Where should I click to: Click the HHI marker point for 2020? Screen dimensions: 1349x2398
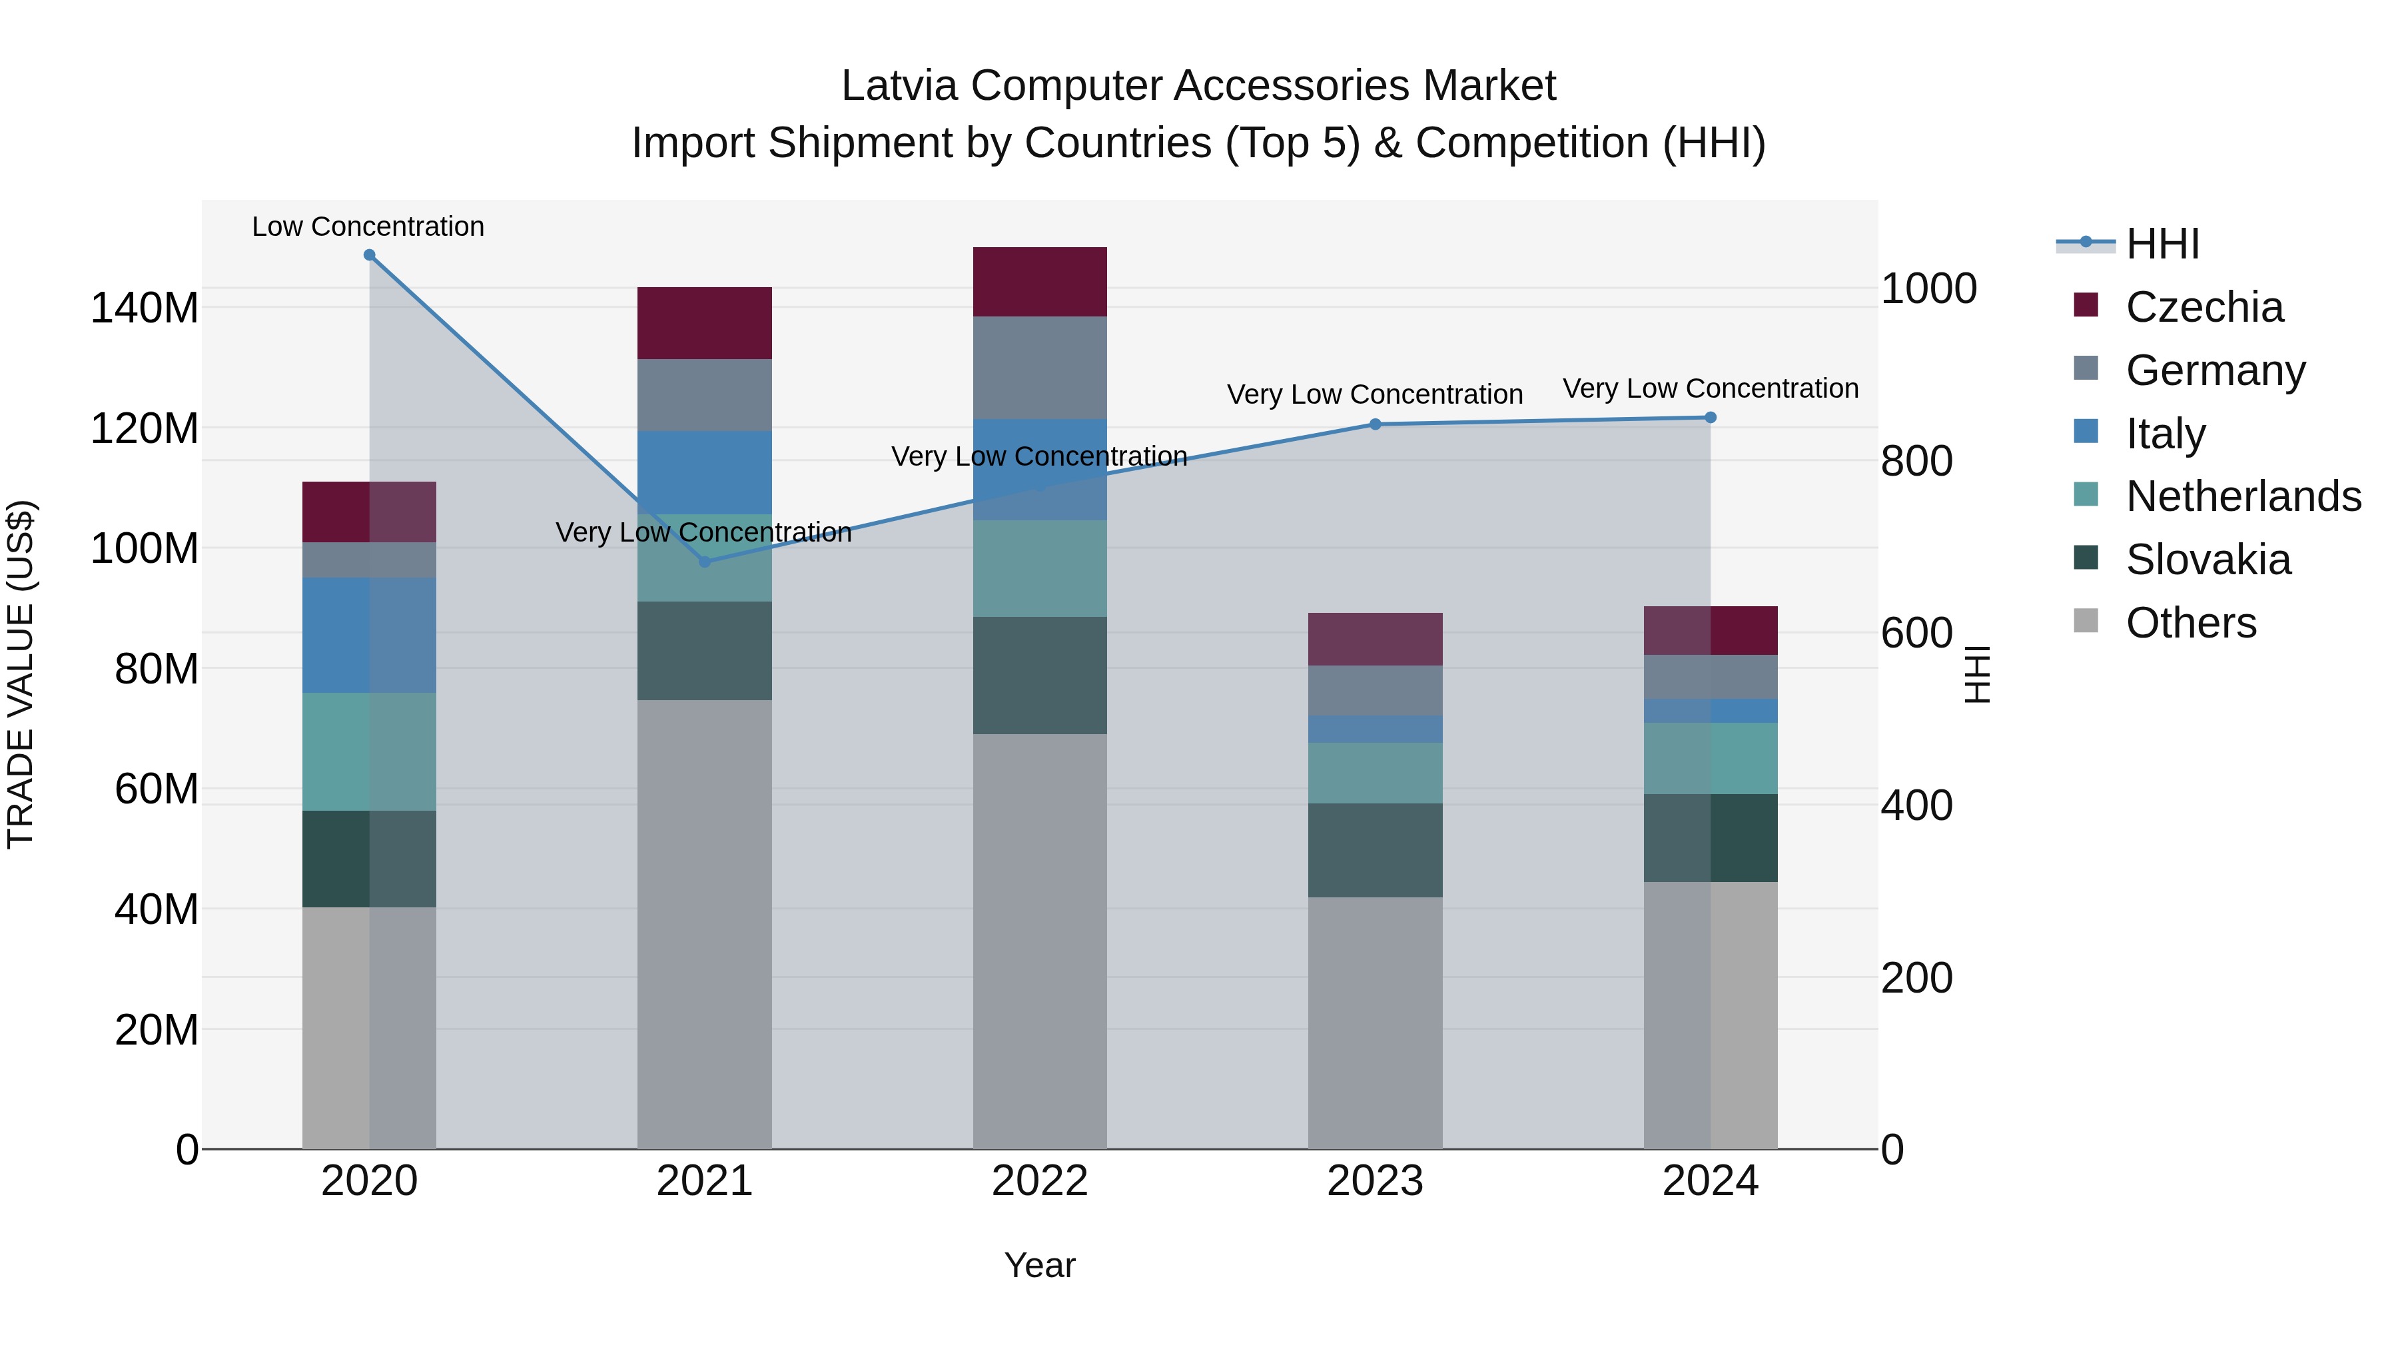370,255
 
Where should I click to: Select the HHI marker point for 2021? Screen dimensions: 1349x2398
705,562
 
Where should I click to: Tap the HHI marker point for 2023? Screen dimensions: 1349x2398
1375,424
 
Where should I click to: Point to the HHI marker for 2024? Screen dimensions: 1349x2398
1710,418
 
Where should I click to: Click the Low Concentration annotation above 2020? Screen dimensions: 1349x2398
368,227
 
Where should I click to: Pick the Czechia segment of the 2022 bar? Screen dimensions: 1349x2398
1040,282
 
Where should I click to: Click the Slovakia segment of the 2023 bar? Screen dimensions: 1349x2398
1375,850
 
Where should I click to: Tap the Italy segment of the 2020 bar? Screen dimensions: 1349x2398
370,635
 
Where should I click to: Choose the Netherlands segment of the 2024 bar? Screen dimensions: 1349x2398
1710,758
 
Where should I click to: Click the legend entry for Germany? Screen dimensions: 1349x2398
2215,370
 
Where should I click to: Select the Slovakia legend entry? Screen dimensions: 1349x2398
2208,560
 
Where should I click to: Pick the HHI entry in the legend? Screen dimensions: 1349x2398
2162,244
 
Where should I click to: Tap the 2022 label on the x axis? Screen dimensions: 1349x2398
1040,1181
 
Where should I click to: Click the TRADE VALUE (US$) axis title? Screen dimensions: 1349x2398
21,674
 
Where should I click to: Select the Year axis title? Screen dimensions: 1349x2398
1040,1265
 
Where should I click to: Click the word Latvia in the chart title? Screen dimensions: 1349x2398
899,86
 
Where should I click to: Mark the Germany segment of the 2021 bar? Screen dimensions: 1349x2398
705,395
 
